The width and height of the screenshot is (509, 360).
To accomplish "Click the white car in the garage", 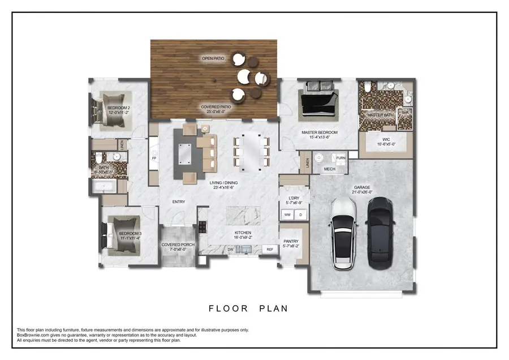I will [x=343, y=233].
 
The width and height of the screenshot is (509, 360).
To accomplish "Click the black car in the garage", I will [x=380, y=232].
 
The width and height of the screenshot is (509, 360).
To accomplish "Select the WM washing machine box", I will [x=287, y=215].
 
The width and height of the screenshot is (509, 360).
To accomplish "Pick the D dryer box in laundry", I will [x=301, y=215].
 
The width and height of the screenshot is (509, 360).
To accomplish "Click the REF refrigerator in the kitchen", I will [x=270, y=249].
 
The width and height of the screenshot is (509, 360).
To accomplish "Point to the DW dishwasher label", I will [x=230, y=249].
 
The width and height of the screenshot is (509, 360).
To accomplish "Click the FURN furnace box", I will [x=340, y=158].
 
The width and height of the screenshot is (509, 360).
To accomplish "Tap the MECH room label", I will [x=329, y=169].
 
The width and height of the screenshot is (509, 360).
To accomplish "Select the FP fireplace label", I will [x=154, y=159].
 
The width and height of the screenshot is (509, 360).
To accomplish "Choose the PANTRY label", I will [x=291, y=241].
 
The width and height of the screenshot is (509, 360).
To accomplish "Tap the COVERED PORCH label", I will [x=178, y=245].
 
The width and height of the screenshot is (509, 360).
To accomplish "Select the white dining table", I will [x=250, y=152].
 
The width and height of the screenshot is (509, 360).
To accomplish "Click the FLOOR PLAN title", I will [x=248, y=308].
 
